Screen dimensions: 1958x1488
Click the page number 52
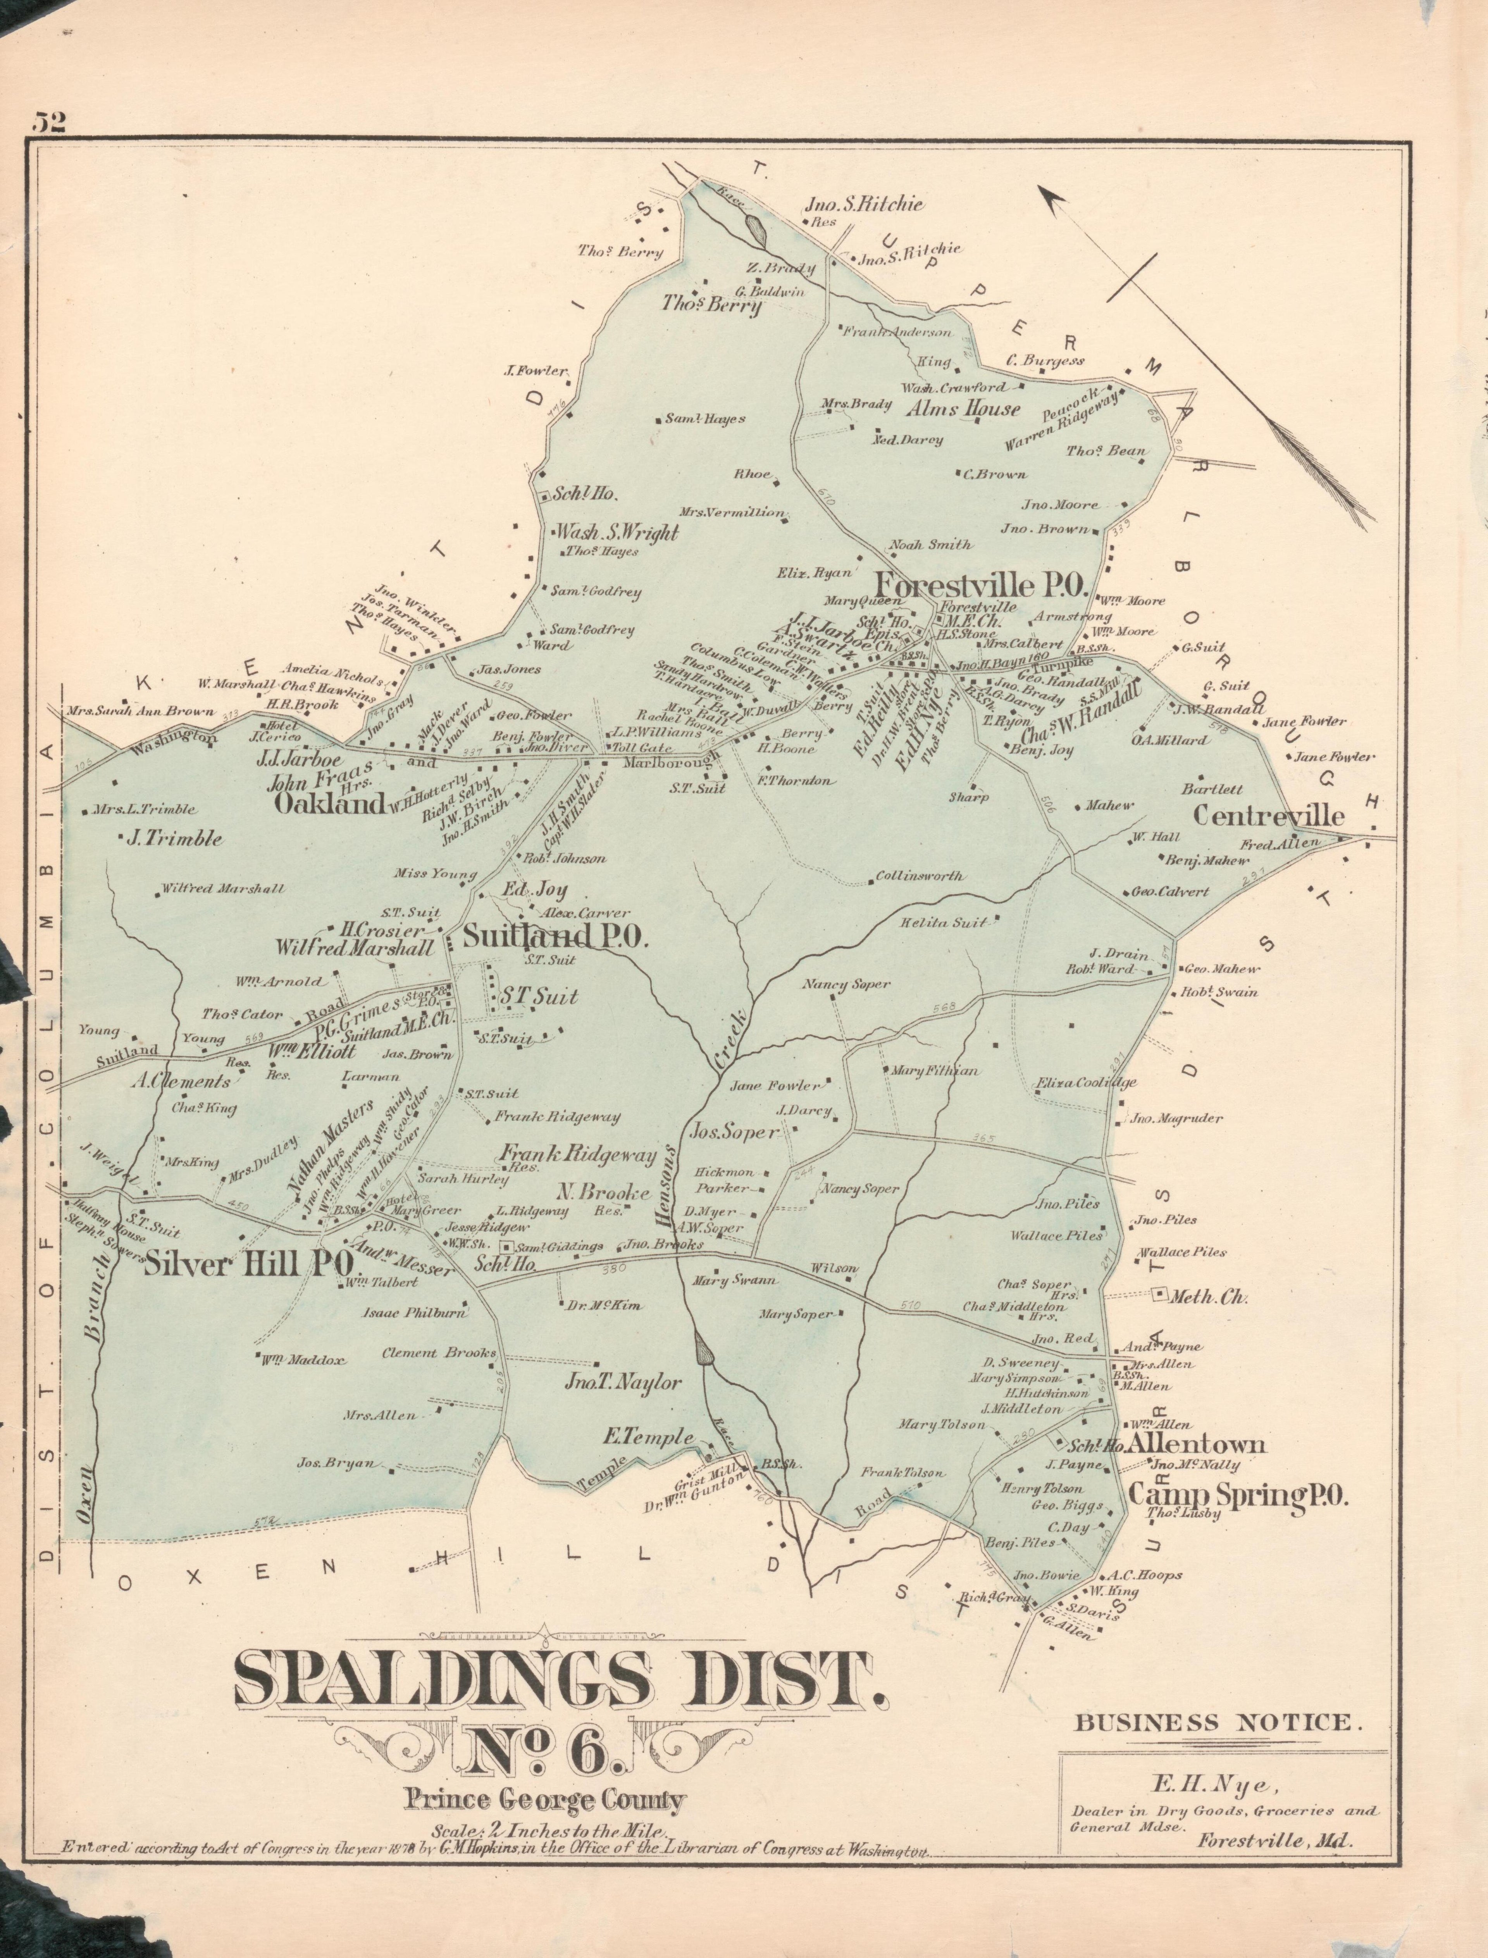click(50, 122)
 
